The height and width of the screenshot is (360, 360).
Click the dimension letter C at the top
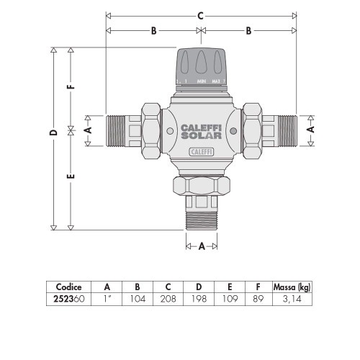click(x=201, y=15)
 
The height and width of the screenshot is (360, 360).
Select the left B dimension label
click(x=153, y=31)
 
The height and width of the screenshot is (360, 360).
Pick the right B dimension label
click(x=249, y=31)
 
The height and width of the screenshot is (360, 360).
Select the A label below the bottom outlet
click(x=202, y=246)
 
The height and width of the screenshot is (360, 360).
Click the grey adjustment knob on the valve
click(x=202, y=64)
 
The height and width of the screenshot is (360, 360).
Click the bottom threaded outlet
click(x=202, y=216)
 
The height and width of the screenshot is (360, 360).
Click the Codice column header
click(x=73, y=287)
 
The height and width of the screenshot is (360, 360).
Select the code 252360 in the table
click(x=73, y=298)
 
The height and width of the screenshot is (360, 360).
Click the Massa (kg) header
click(x=292, y=287)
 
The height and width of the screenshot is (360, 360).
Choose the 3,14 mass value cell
click(x=292, y=298)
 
